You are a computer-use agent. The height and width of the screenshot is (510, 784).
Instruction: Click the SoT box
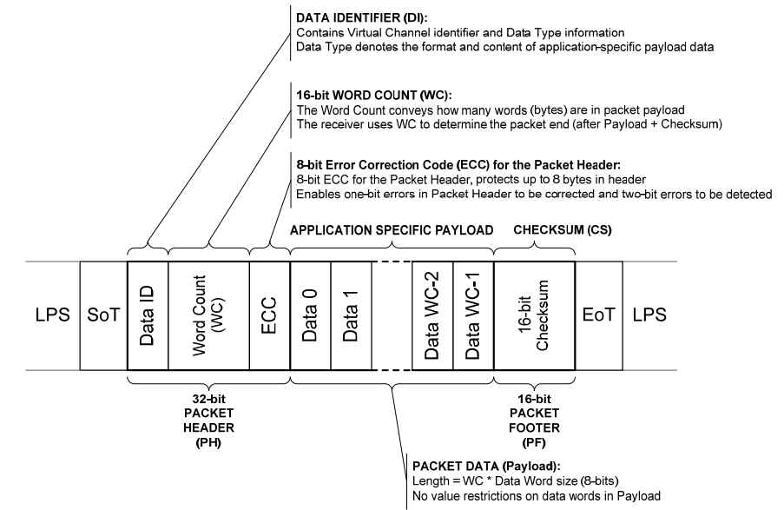(x=102, y=314)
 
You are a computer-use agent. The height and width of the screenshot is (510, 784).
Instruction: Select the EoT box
(x=598, y=314)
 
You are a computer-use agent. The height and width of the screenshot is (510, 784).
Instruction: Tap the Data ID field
(x=148, y=314)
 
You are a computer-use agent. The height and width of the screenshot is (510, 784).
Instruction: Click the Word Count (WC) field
(x=208, y=314)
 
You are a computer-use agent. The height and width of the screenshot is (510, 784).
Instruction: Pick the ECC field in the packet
(x=269, y=314)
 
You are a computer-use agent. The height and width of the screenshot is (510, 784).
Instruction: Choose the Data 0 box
(x=310, y=314)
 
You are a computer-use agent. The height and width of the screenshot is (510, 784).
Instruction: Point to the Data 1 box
(x=351, y=314)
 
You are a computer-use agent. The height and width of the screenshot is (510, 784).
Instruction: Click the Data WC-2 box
(x=432, y=314)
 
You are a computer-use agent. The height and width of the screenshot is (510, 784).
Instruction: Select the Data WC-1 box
(x=473, y=314)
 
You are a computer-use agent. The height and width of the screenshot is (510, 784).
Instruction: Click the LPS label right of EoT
(x=649, y=315)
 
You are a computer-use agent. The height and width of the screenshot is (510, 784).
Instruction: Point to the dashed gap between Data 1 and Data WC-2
(x=392, y=314)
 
